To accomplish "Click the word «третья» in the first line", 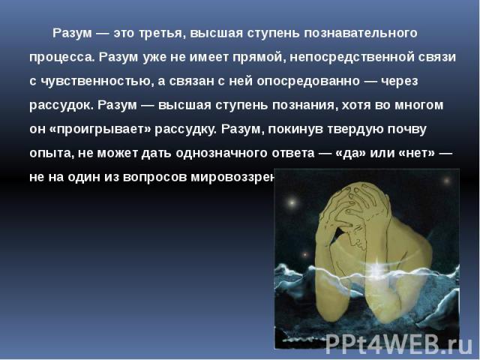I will (x=158, y=34).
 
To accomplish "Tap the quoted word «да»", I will (x=361, y=151).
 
